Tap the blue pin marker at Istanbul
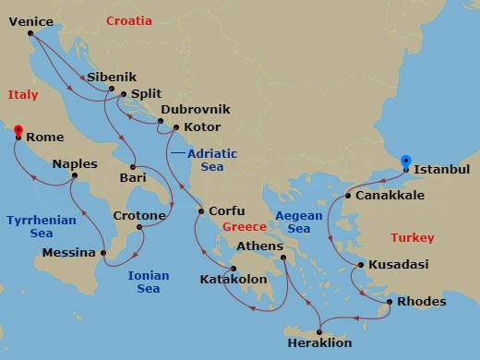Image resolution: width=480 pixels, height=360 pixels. (x=406, y=163)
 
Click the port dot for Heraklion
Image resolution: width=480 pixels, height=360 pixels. (x=319, y=333)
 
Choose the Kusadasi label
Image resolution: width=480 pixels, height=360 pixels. (x=398, y=264)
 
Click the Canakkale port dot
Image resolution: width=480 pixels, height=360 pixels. (x=348, y=196)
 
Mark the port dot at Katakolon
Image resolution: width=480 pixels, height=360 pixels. (x=234, y=269)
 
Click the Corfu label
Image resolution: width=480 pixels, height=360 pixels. (x=227, y=210)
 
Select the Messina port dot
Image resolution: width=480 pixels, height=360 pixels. (x=103, y=252)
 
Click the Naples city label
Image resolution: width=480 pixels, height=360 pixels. (x=74, y=163)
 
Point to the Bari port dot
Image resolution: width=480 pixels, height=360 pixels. (x=133, y=166)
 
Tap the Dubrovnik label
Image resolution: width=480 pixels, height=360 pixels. (x=195, y=109)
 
